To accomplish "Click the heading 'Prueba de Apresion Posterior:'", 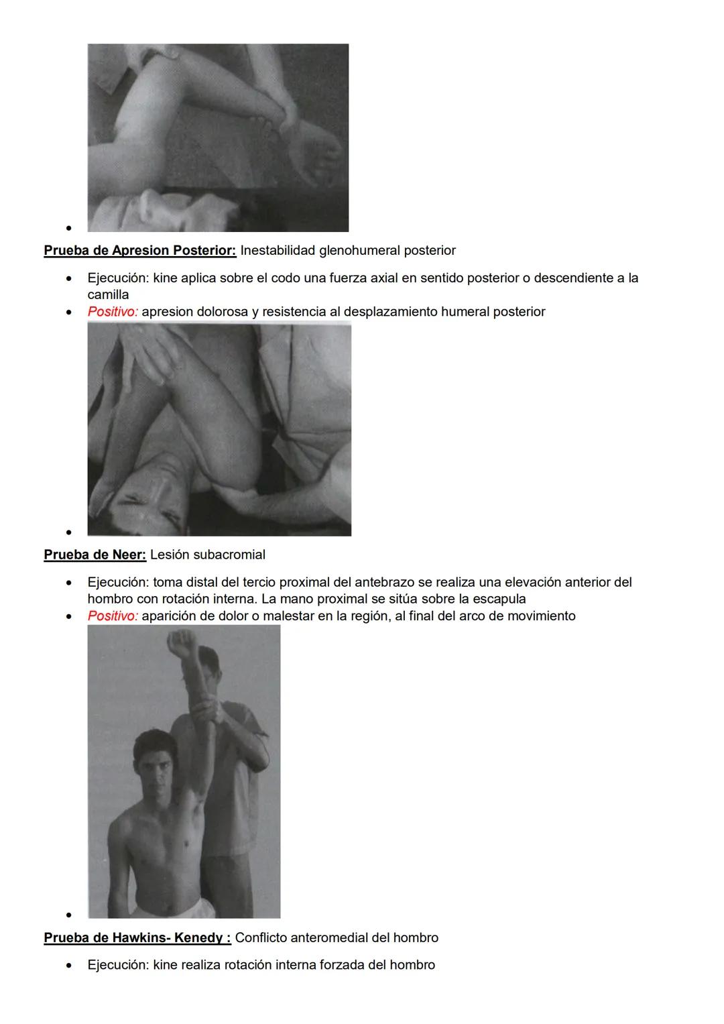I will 139,251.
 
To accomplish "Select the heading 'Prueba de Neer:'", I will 95,555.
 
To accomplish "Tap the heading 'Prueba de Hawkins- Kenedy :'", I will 137,938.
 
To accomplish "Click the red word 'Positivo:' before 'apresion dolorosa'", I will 113,312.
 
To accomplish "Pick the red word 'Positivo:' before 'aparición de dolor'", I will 113,616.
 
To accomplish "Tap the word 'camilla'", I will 108,295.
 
